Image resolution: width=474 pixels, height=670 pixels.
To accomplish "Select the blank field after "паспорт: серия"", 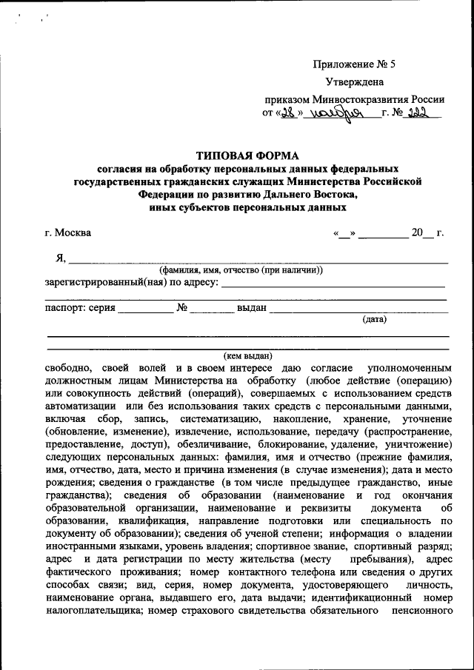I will (145, 308).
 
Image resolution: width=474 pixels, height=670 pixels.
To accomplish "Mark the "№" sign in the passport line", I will (181, 307).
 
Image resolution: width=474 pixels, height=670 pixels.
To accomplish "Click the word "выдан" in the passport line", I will (251, 307).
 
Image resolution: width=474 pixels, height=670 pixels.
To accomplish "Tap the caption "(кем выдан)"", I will (247, 355).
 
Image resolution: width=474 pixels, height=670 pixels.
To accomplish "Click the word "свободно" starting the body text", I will (67, 368).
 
